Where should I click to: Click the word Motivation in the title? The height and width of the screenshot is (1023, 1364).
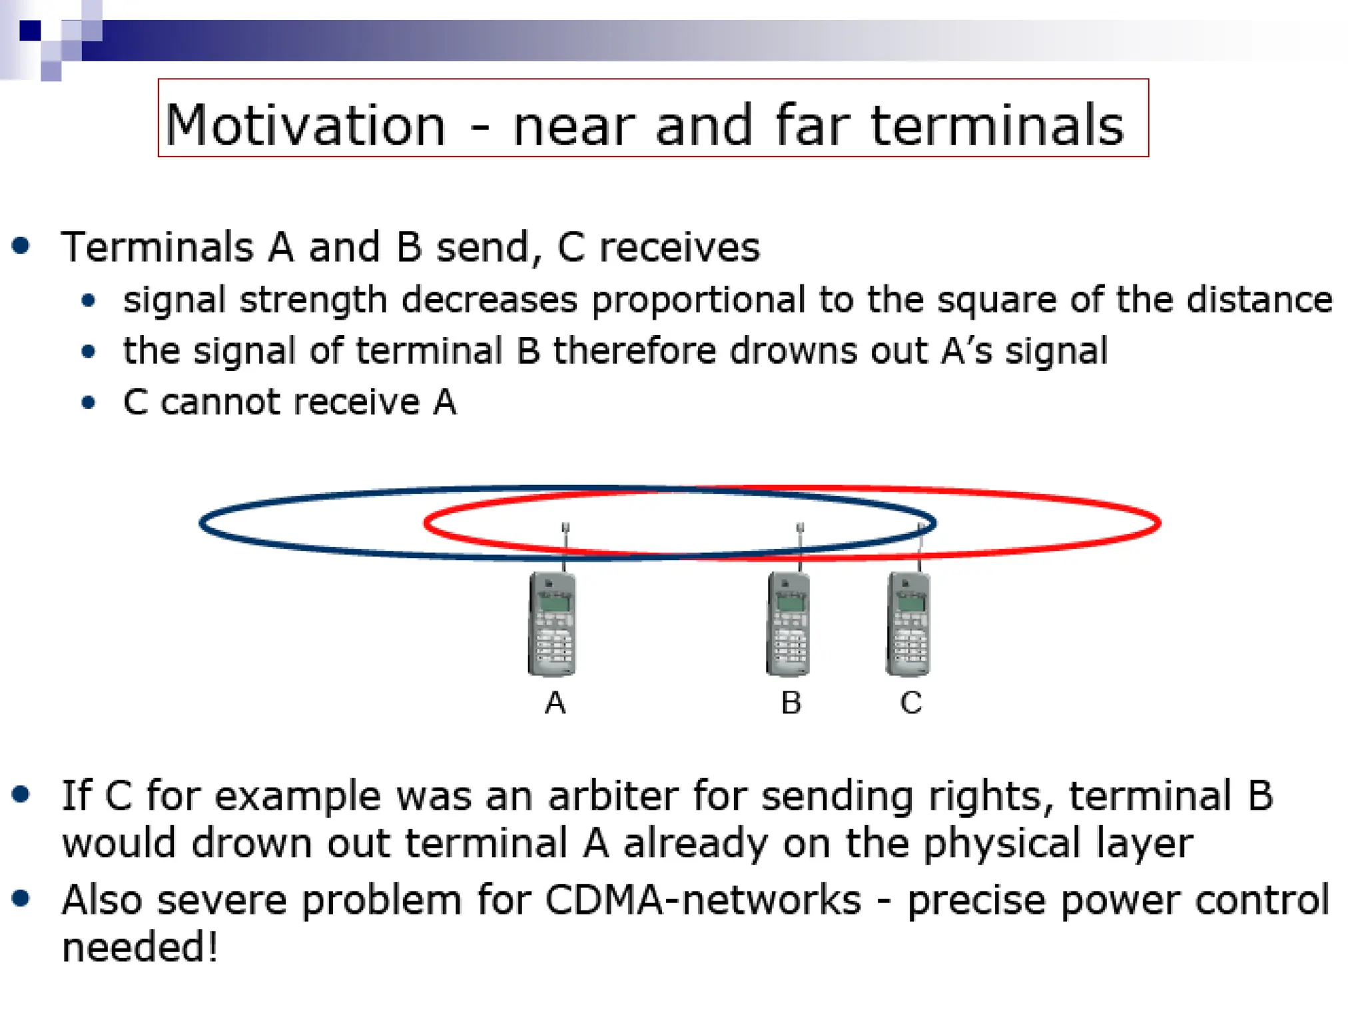[x=305, y=125]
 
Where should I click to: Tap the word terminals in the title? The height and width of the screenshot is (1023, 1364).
[x=997, y=125]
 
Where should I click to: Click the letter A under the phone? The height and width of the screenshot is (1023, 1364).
[x=555, y=703]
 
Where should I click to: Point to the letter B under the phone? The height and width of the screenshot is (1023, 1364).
[x=791, y=703]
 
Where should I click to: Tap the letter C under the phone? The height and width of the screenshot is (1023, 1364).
[x=910, y=703]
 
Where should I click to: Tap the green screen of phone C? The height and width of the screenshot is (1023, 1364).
[x=910, y=603]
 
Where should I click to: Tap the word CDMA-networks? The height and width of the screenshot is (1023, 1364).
[x=703, y=900]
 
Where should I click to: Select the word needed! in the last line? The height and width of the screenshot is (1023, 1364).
[x=140, y=947]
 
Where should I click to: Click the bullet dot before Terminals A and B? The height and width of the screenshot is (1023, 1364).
[x=21, y=246]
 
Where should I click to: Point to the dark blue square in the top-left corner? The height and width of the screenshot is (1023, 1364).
[x=30, y=31]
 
